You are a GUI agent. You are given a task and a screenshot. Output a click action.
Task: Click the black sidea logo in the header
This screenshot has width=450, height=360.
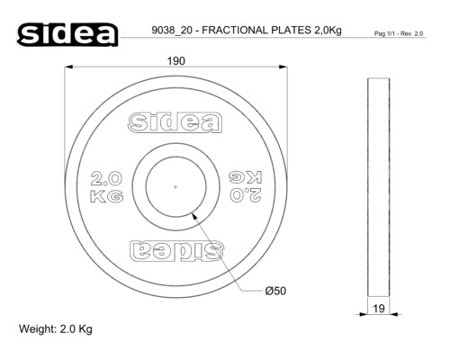pos(67,34)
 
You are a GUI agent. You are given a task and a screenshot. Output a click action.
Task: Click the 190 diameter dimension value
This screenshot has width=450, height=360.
pos(176,61)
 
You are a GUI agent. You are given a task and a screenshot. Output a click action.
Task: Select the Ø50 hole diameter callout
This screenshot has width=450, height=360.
pos(275,291)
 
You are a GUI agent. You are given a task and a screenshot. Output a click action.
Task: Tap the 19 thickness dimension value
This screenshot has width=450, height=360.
pos(379,308)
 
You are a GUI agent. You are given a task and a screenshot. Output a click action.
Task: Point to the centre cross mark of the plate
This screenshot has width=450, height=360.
pos(175,187)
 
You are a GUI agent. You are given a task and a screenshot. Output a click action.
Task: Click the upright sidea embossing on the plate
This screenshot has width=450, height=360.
pos(175,122)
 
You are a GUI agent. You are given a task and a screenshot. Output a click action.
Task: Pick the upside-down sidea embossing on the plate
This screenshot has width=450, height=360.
pos(176,250)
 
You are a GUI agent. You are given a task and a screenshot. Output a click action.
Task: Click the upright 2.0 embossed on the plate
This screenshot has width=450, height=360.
pos(106,178)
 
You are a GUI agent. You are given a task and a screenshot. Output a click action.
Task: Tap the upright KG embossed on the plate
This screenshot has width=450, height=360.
pos(107,196)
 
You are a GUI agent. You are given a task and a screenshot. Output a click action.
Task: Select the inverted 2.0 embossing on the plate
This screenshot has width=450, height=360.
pos(246,195)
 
